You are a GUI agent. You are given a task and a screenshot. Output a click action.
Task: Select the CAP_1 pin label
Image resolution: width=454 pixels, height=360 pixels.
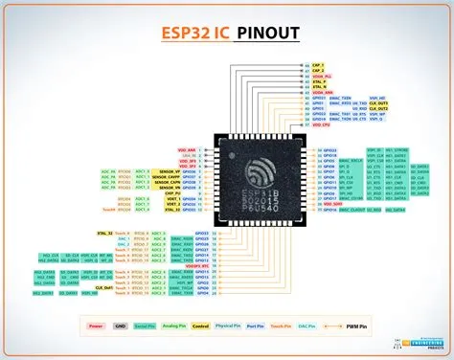coord(318,65)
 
